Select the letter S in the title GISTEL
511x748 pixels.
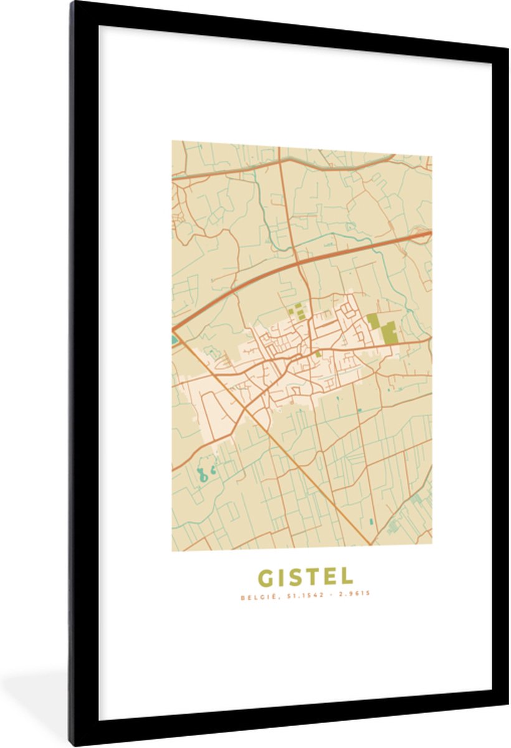tap(300, 577)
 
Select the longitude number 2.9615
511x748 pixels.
tap(355, 594)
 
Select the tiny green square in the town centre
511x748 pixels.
tap(318, 354)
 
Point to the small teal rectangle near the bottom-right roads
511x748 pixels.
tap(371, 520)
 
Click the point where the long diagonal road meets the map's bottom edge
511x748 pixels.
tap(371, 546)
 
